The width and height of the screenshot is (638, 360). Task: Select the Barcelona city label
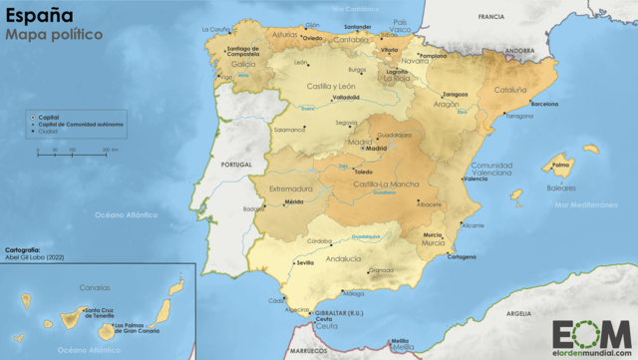coord(544,104)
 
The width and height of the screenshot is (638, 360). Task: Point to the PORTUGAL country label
coord(236,165)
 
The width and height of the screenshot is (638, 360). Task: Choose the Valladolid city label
coord(346,97)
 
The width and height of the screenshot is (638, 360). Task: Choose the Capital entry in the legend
coord(50,116)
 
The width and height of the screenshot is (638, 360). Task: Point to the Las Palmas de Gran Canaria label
coord(138,328)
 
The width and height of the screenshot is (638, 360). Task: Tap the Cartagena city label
coord(461,256)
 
